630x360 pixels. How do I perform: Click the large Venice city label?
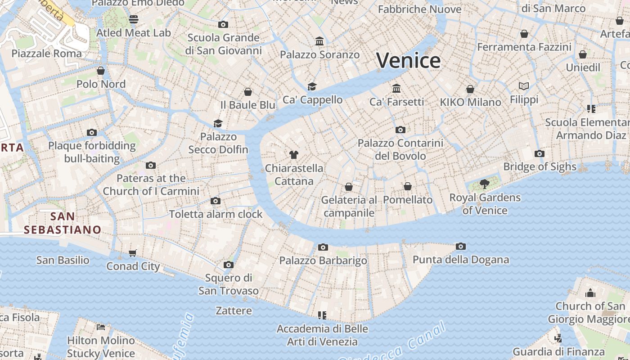tap(408, 60)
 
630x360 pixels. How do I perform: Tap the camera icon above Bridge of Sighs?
tap(540, 154)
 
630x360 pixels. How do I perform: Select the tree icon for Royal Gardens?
tap(485, 184)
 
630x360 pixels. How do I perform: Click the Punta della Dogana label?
tap(461, 260)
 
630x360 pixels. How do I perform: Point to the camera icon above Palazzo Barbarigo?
tap(323, 247)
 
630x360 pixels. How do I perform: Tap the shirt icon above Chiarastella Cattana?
tap(294, 155)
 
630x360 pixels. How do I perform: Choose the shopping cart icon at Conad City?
tap(133, 253)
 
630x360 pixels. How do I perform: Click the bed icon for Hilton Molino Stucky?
tap(101, 327)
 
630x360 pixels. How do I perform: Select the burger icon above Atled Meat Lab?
tap(134, 19)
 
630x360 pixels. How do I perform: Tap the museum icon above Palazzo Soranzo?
tap(319, 41)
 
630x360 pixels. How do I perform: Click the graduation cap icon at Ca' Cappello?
tap(312, 86)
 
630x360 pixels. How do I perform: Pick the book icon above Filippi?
tap(524, 86)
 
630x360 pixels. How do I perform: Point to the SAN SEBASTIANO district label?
tap(63, 223)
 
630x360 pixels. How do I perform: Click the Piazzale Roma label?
tap(47, 54)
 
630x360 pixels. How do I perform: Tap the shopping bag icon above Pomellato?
tap(408, 186)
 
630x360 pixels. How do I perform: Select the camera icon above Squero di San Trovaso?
tap(229, 265)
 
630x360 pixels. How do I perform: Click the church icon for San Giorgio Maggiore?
tap(590, 293)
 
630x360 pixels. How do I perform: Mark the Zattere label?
tap(234, 310)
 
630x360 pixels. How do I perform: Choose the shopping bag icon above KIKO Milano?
tap(470, 89)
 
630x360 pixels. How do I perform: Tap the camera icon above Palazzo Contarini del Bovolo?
tap(400, 130)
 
